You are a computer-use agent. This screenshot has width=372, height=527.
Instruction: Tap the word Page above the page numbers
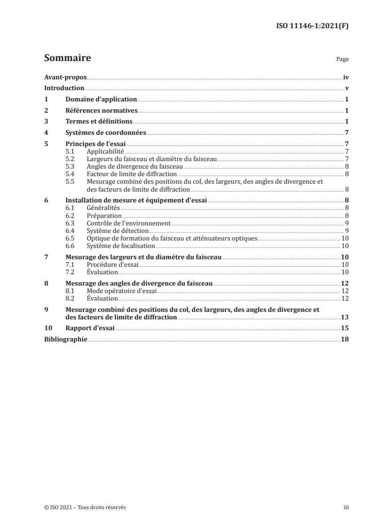point(342,60)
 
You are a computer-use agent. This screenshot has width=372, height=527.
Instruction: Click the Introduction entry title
point(64,88)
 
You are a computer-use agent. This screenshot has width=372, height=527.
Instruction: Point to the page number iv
point(346,77)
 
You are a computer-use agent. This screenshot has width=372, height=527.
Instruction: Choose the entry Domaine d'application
point(101,100)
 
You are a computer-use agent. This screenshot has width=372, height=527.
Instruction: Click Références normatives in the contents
point(101,111)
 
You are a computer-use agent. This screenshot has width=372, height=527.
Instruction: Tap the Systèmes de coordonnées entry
point(106,133)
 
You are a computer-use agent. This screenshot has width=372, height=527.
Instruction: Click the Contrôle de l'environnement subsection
point(129,223)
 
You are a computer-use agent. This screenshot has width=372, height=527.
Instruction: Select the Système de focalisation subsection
point(121,246)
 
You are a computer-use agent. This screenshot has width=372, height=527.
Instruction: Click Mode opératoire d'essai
point(122,291)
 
